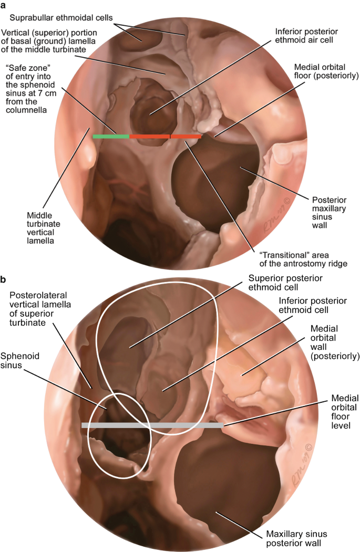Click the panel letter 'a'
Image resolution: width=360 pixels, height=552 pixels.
coord(4,5)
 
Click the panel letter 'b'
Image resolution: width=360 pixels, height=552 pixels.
coord(4,279)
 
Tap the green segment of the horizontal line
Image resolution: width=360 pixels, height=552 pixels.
coord(110,137)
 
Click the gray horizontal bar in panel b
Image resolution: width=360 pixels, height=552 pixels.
coord(152,425)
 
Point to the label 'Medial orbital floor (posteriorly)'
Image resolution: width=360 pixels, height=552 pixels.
coord(326,72)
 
